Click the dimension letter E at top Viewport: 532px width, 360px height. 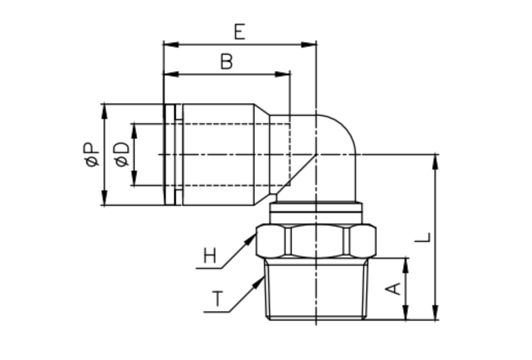pos(239,31)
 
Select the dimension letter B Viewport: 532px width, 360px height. pos(226,62)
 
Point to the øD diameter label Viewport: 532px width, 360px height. pos(122,154)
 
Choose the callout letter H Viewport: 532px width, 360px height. pos(209,257)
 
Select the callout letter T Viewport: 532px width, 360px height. pos(217,300)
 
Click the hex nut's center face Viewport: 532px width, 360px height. pos(316,241)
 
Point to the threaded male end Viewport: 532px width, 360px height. pos(316,290)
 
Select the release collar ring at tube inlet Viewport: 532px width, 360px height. pos(170,154)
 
